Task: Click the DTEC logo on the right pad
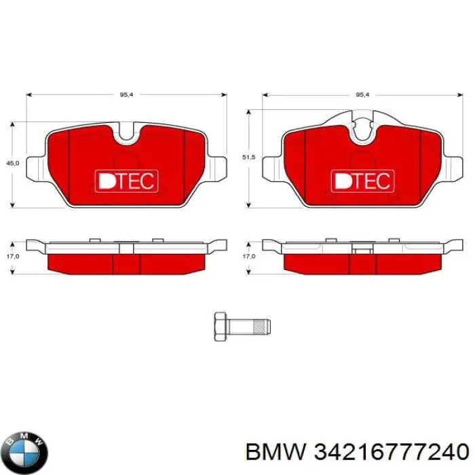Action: coord(361,180)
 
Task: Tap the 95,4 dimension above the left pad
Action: coord(126,95)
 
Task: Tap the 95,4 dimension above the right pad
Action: coord(362,95)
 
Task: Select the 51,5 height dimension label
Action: coord(248,157)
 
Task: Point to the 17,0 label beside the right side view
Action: coord(248,256)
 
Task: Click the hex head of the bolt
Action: coord(220,327)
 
